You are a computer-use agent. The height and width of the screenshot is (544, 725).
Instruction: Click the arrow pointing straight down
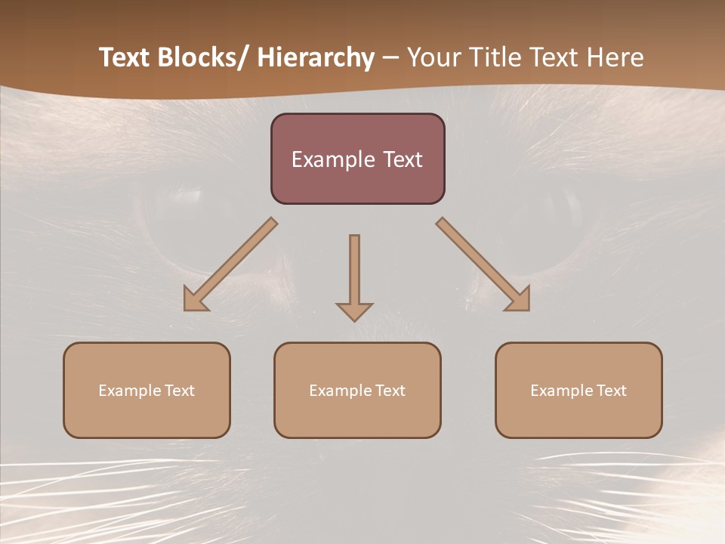(354, 276)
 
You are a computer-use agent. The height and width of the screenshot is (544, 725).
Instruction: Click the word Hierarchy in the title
(316, 57)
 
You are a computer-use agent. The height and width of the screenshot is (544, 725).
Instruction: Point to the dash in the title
(390, 57)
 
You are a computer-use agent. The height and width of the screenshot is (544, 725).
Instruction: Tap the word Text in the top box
(402, 159)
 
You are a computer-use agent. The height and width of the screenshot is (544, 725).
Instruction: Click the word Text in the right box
(612, 391)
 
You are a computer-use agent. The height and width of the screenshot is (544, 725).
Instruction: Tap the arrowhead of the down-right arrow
(520, 300)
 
